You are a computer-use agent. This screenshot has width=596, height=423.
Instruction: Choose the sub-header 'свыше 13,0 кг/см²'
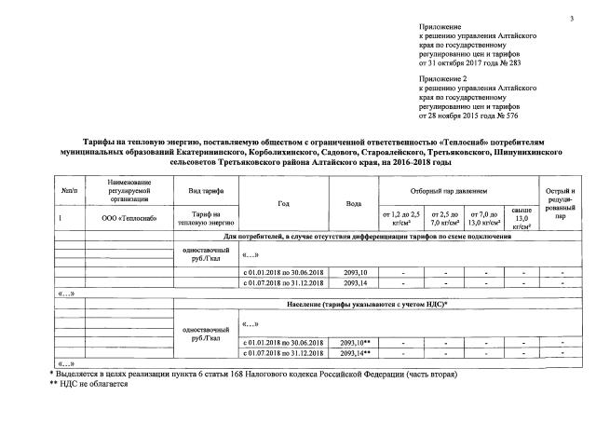[x=522, y=220]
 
